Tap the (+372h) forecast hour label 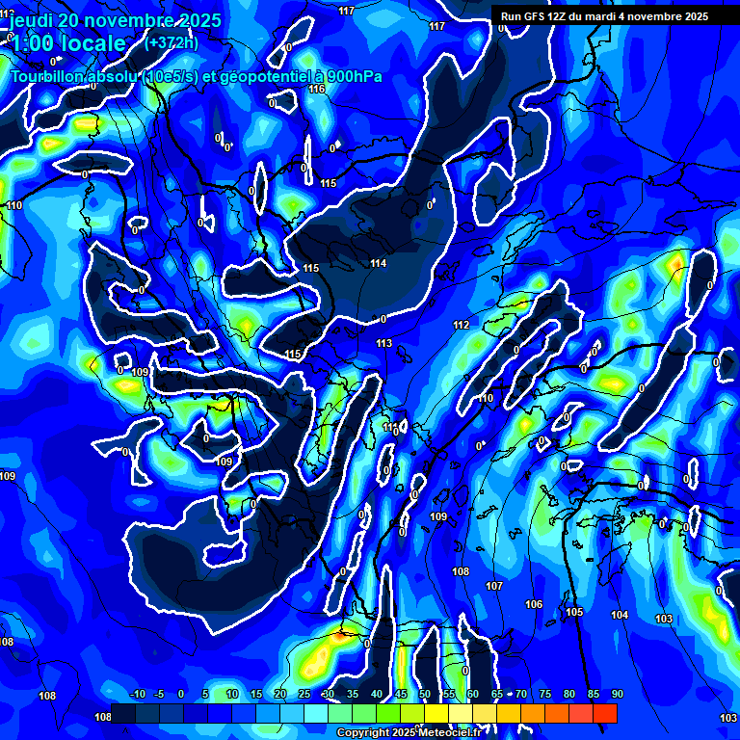(172, 42)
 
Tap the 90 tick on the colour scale (617, 694)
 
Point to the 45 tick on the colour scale (400, 694)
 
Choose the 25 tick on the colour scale (304, 694)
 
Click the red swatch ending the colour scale (604, 713)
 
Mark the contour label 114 (379, 263)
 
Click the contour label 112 (462, 325)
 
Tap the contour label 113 (384, 343)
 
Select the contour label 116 (317, 89)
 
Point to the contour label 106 (533, 604)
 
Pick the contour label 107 (494, 586)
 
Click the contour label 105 (575, 612)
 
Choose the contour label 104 (620, 615)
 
